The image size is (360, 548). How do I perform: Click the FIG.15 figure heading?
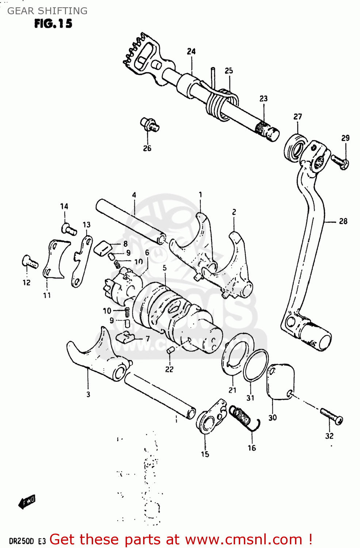point(53,24)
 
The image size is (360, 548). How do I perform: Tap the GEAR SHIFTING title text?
point(47,11)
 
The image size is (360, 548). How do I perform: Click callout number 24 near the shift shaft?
point(191,52)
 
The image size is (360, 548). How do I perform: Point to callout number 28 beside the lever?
point(343,221)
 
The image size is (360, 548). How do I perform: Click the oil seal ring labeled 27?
point(295,148)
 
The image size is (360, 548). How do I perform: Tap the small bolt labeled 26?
point(149,125)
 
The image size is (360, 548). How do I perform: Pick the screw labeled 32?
point(332,416)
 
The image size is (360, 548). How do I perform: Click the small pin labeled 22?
point(170,351)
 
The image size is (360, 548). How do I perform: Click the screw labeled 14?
point(68,229)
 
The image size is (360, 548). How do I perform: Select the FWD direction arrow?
point(27,502)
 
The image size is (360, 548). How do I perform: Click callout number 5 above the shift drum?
point(165,268)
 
